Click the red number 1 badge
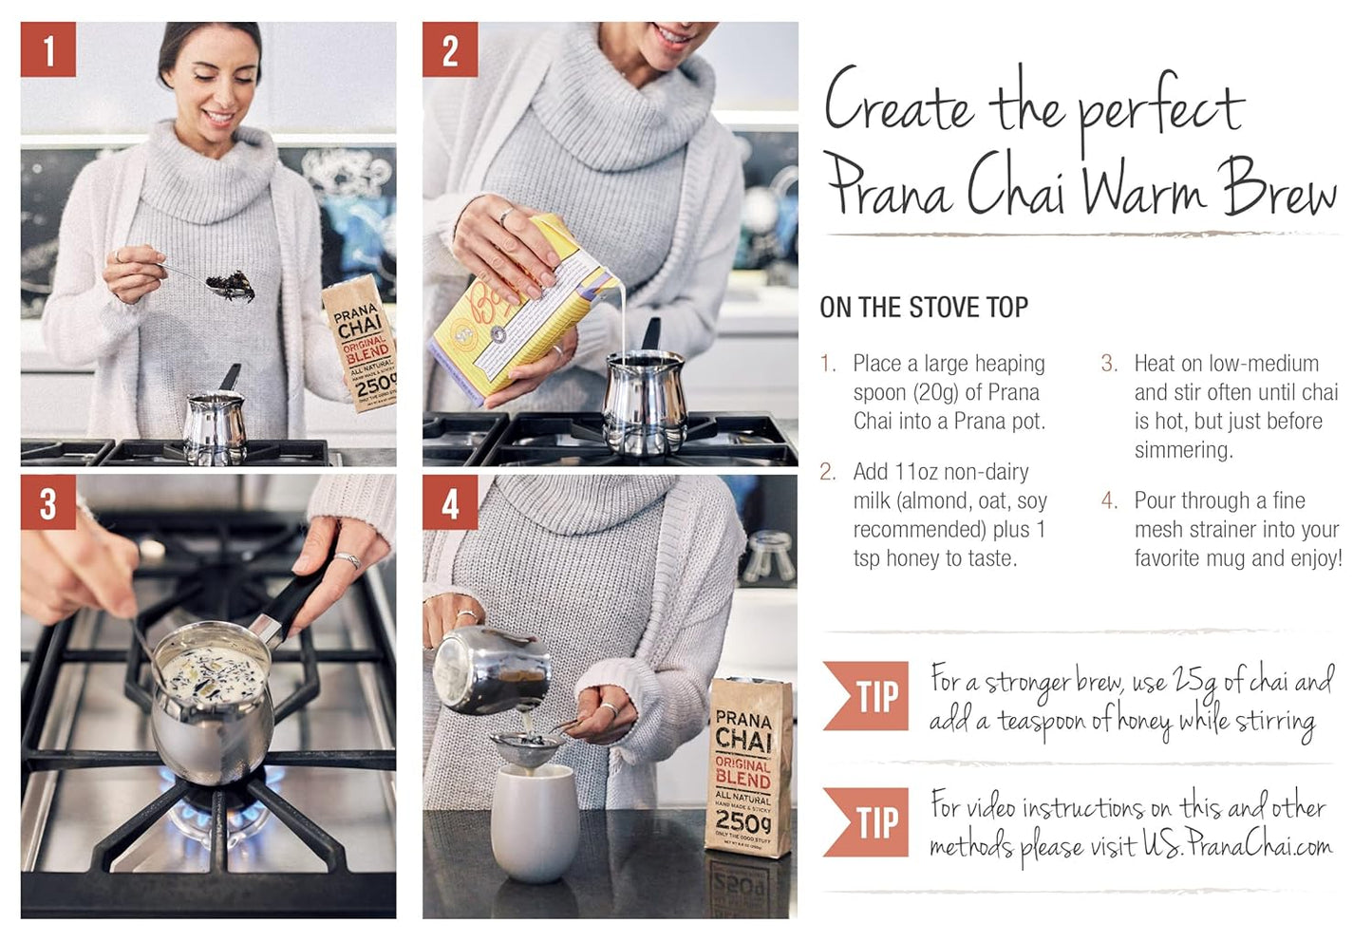[47, 50]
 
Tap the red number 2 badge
[450, 50]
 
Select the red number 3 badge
[47, 503]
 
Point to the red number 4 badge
[450, 503]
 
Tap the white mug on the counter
[534, 821]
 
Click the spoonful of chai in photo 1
[231, 284]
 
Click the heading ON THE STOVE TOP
[923, 308]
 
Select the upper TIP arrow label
[866, 696]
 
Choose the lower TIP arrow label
[866, 821]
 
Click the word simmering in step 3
[1183, 450]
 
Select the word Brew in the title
[1278, 187]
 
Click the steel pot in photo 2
[645, 399]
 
